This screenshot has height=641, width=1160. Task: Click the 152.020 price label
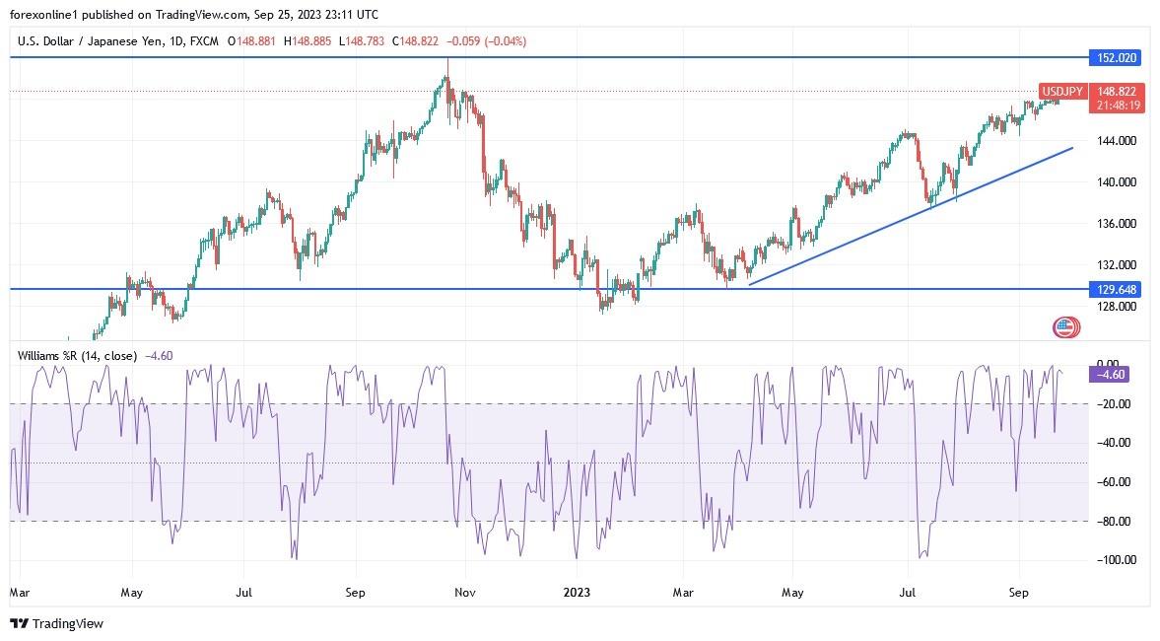click(x=1114, y=58)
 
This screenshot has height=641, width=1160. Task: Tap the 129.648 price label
click(x=1114, y=289)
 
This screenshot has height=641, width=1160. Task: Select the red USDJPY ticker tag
click(x=1063, y=92)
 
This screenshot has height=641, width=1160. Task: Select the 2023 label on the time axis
click(x=577, y=593)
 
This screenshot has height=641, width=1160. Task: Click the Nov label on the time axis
click(x=466, y=593)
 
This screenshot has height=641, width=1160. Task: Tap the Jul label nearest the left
click(x=243, y=593)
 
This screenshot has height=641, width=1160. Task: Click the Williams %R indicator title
click(x=77, y=355)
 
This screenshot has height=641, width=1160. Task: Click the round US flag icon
click(x=1065, y=328)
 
